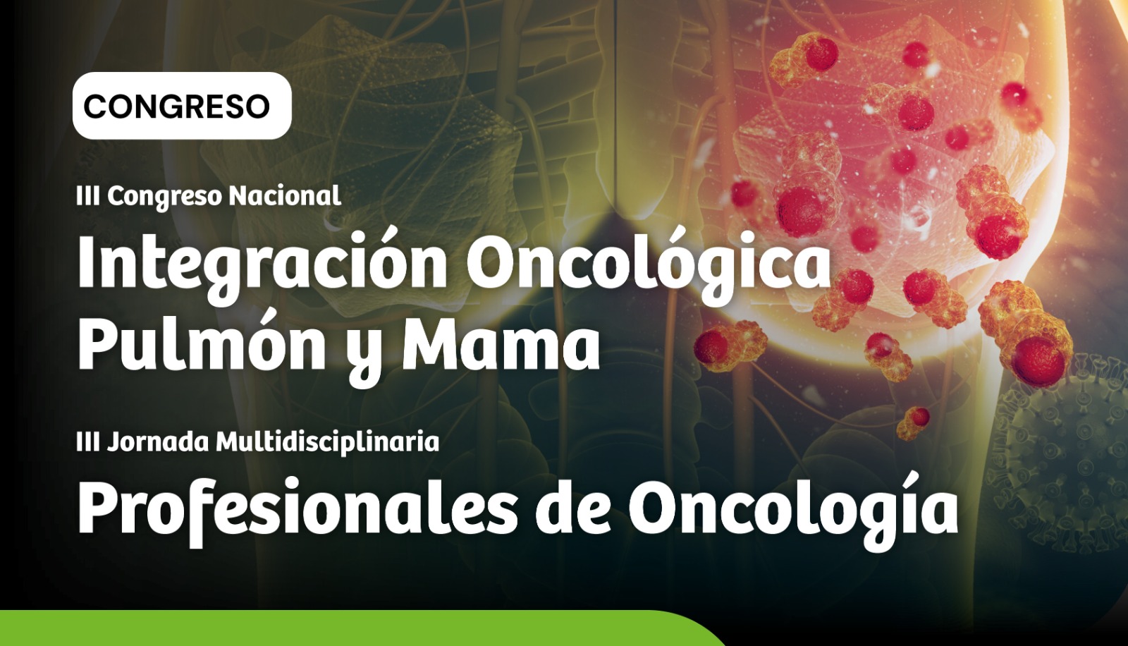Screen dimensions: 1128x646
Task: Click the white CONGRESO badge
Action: (182, 106)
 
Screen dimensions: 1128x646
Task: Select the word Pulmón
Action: (202, 342)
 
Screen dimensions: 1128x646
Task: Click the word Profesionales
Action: (298, 506)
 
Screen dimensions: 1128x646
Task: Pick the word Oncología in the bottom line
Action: (794, 506)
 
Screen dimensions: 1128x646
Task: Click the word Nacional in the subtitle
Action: (285, 195)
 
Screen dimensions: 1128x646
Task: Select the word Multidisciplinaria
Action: (328, 442)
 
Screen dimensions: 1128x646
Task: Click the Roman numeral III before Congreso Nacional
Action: (87, 195)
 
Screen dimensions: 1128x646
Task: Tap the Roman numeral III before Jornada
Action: (87, 442)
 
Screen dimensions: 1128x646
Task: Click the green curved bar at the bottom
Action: (352, 628)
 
